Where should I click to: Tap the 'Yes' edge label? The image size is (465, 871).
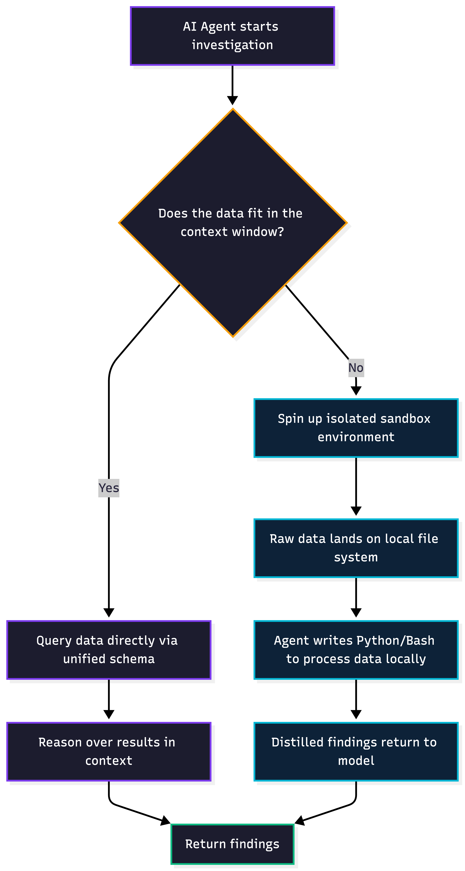coord(109,488)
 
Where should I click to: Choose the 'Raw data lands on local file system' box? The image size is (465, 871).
coord(356,548)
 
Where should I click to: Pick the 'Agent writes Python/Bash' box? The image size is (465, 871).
coord(356,650)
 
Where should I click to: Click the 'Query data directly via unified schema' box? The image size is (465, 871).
coord(109,650)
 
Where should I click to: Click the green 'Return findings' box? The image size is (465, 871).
coord(232,844)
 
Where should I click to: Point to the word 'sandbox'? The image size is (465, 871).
coord(405,419)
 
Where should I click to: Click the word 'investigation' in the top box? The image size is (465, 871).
coord(232,45)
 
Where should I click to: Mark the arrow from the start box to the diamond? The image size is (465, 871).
coord(232,85)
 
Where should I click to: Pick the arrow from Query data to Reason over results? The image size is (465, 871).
coord(109,698)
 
